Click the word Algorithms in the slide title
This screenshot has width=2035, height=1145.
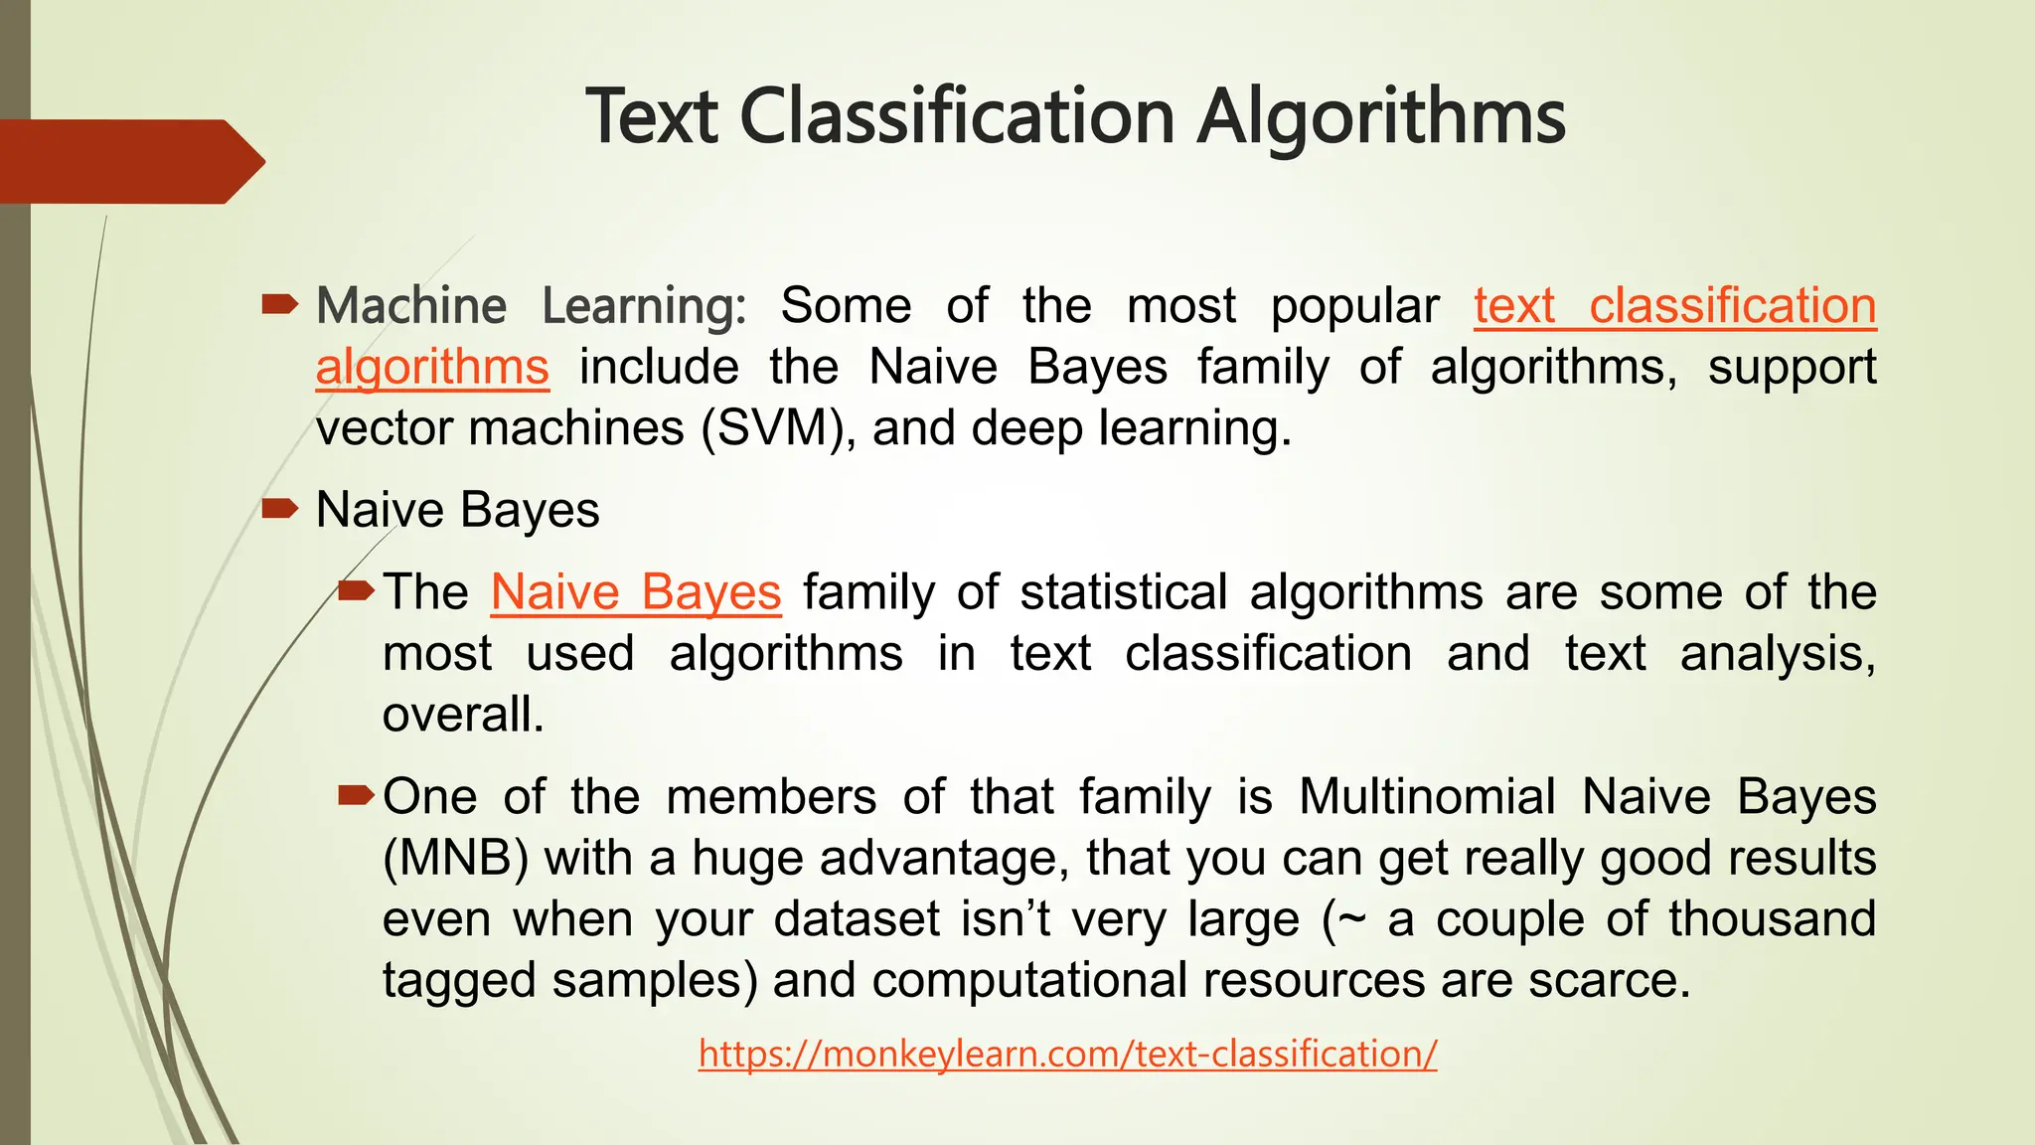(1380, 118)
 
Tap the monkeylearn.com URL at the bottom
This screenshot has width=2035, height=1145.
(1067, 1054)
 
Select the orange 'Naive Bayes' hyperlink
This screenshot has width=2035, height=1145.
(636, 592)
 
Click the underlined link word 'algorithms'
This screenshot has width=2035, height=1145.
(432, 368)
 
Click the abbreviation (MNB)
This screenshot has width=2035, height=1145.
(455, 858)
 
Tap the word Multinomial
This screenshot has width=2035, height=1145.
(1427, 797)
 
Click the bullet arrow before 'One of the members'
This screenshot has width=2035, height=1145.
(356, 795)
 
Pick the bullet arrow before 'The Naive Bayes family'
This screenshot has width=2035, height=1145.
(356, 591)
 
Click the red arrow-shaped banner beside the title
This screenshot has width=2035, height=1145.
(129, 161)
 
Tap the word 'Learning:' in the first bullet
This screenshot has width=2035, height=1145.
(644, 306)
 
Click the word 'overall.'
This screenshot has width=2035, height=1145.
(463, 715)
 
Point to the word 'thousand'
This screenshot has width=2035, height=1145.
(1772, 918)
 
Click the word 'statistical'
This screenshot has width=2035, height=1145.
(1124, 592)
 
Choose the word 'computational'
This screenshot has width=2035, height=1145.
(1029, 980)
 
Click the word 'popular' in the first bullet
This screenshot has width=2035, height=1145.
(1354, 306)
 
